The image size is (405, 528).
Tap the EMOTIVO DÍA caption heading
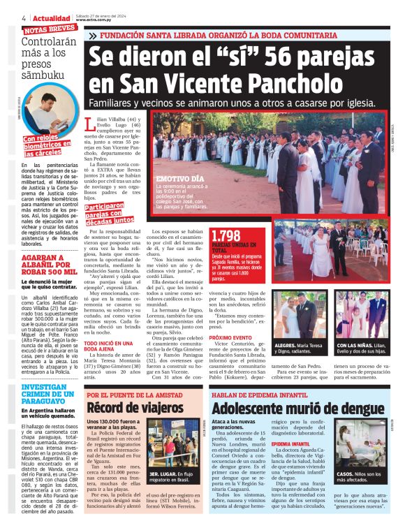coord(180,179)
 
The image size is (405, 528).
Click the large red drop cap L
coord(89,124)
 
